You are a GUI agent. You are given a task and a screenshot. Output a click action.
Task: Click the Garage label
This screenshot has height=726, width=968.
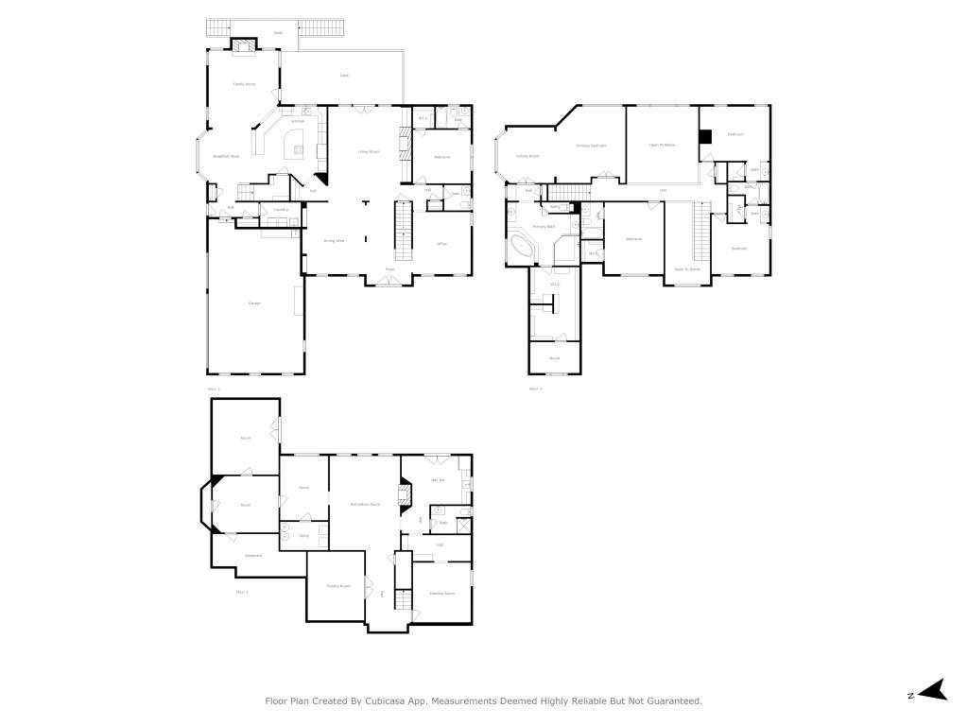(x=254, y=302)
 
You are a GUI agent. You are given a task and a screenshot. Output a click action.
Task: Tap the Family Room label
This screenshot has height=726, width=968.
(x=245, y=84)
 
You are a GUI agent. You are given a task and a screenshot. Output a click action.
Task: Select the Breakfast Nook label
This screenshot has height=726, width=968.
(x=226, y=156)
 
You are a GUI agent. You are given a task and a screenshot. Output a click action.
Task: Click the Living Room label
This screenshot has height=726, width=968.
(x=368, y=151)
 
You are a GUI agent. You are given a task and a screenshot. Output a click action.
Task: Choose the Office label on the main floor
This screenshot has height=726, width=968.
(x=441, y=244)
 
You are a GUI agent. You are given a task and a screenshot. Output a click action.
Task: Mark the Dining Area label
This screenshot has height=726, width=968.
(x=334, y=241)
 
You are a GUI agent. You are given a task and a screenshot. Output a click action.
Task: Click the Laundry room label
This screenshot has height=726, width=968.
(x=281, y=210)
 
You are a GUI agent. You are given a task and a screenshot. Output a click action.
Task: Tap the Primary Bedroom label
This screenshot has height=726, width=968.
(x=592, y=146)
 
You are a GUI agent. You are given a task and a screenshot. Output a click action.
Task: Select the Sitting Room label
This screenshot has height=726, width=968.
(x=527, y=156)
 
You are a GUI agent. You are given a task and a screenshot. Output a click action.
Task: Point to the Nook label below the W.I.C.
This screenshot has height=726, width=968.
(x=555, y=358)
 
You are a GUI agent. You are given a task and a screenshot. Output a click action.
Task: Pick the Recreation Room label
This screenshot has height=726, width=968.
(x=365, y=504)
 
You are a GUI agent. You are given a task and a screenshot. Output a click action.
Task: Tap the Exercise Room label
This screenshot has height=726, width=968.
(x=442, y=593)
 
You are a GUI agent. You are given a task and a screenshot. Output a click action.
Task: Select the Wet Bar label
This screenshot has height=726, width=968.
(x=437, y=480)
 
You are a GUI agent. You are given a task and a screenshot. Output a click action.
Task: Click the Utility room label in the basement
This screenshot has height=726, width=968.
(x=303, y=536)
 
